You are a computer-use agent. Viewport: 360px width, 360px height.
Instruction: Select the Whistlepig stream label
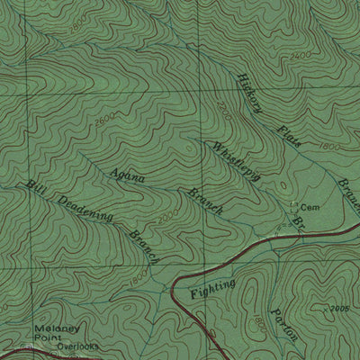click(x=237, y=161)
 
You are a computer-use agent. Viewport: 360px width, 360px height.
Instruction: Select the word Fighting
click(x=213, y=289)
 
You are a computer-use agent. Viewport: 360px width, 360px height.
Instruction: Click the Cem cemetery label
click(x=310, y=206)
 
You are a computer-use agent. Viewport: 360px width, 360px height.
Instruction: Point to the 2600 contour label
click(x=104, y=118)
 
